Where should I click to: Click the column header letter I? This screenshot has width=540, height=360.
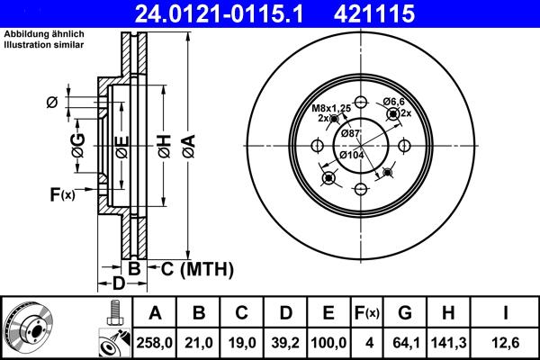point(505,313)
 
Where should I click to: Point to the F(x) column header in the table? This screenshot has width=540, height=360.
point(367,313)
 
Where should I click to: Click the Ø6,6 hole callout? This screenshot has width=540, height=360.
point(397,102)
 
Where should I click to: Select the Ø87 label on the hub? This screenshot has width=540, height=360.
point(352,134)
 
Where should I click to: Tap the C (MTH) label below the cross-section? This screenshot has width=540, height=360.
point(197,268)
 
